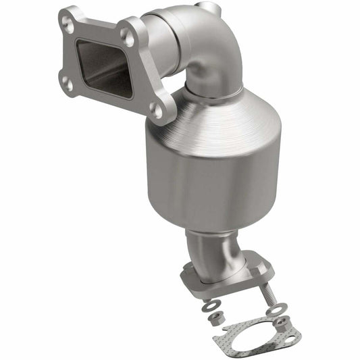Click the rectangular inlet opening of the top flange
tap(101, 68)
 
